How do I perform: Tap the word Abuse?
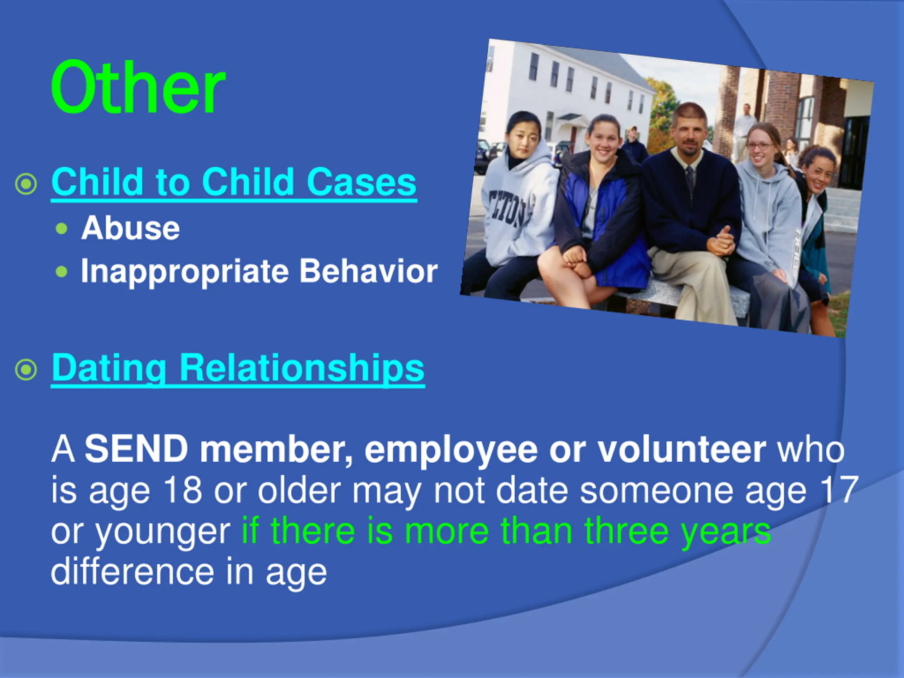coord(130,228)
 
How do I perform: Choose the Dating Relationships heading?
coord(238,369)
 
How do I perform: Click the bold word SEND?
coord(136,449)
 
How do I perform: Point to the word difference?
coord(132,571)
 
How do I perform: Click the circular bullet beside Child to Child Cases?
coord(26,184)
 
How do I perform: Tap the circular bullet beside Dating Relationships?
coord(26,370)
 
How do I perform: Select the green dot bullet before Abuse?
coord(61,228)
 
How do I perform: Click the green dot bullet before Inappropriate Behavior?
coord(61,271)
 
